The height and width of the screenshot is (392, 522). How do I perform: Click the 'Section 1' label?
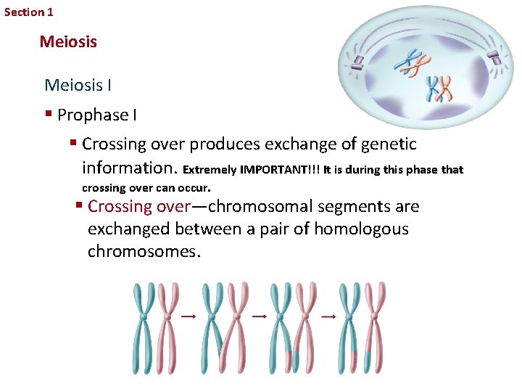click(x=29, y=12)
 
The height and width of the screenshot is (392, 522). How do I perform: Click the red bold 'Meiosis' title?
click(x=68, y=41)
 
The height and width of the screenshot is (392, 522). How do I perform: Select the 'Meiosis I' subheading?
click(x=78, y=85)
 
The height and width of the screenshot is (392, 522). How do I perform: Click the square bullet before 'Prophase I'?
click(x=48, y=115)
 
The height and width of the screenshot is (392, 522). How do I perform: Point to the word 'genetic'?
click(x=389, y=144)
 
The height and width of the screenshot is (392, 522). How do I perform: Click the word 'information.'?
click(x=130, y=168)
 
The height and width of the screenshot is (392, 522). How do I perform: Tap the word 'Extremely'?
click(x=210, y=170)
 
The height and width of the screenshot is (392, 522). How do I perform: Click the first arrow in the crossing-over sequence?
click(x=188, y=317)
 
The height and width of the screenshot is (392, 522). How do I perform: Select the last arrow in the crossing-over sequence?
click(x=328, y=317)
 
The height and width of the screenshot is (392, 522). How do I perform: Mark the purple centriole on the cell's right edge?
click(x=495, y=58)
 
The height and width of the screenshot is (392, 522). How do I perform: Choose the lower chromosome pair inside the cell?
click(x=439, y=89)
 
